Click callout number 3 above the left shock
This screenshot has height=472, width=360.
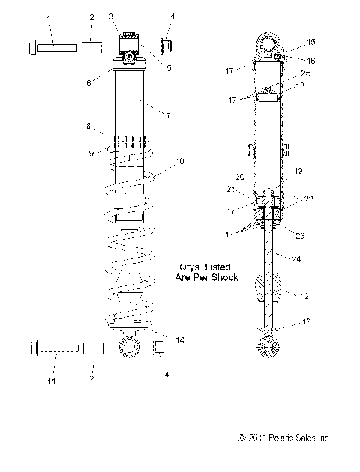(x=111, y=16)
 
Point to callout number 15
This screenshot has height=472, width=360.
(x=312, y=42)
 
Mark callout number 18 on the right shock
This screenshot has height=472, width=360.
(x=301, y=86)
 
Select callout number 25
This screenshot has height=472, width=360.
(x=305, y=73)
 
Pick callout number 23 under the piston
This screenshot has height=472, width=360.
(x=301, y=235)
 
